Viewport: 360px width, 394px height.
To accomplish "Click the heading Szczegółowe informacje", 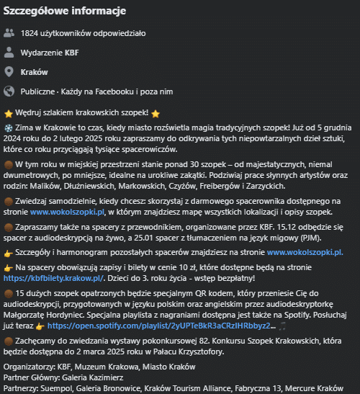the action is pyautogui.click(x=64, y=12).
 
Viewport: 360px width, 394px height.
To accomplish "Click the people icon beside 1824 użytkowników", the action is pyautogui.click(x=9, y=32).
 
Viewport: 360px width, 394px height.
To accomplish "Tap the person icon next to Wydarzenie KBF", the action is pyautogui.click(x=9, y=53).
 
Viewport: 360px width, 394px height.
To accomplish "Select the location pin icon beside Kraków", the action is pyautogui.click(x=9, y=72).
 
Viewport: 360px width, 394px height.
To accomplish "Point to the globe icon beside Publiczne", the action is pyautogui.click(x=9, y=91).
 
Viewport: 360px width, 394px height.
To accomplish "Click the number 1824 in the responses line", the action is pyautogui.click(x=32, y=33).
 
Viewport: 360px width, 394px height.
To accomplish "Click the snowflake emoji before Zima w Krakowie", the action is pyautogui.click(x=9, y=127).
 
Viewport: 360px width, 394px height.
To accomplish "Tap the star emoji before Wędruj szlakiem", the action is pyautogui.click(x=9, y=113).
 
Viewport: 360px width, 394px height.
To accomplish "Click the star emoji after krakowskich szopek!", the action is pyautogui.click(x=156, y=113).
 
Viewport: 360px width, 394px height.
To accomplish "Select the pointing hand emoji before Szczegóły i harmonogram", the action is pyautogui.click(x=9, y=253).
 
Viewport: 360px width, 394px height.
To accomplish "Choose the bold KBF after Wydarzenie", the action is pyautogui.click(x=72, y=53).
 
